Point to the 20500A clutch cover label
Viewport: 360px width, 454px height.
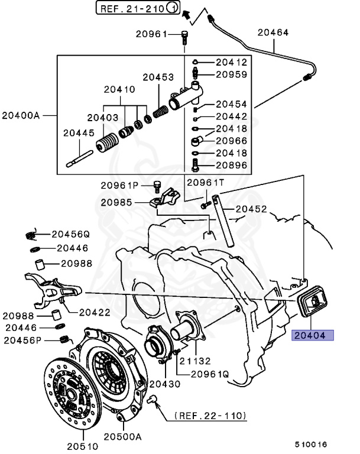(124, 437)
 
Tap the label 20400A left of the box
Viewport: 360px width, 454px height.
(21, 115)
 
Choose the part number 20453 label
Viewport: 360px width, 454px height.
(158, 77)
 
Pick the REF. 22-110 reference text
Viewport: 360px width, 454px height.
(210, 416)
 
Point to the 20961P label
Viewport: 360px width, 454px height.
(119, 185)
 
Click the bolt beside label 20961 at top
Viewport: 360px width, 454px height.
(185, 37)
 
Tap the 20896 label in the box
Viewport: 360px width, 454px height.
(231, 165)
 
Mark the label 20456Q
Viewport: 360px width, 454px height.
(70, 233)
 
